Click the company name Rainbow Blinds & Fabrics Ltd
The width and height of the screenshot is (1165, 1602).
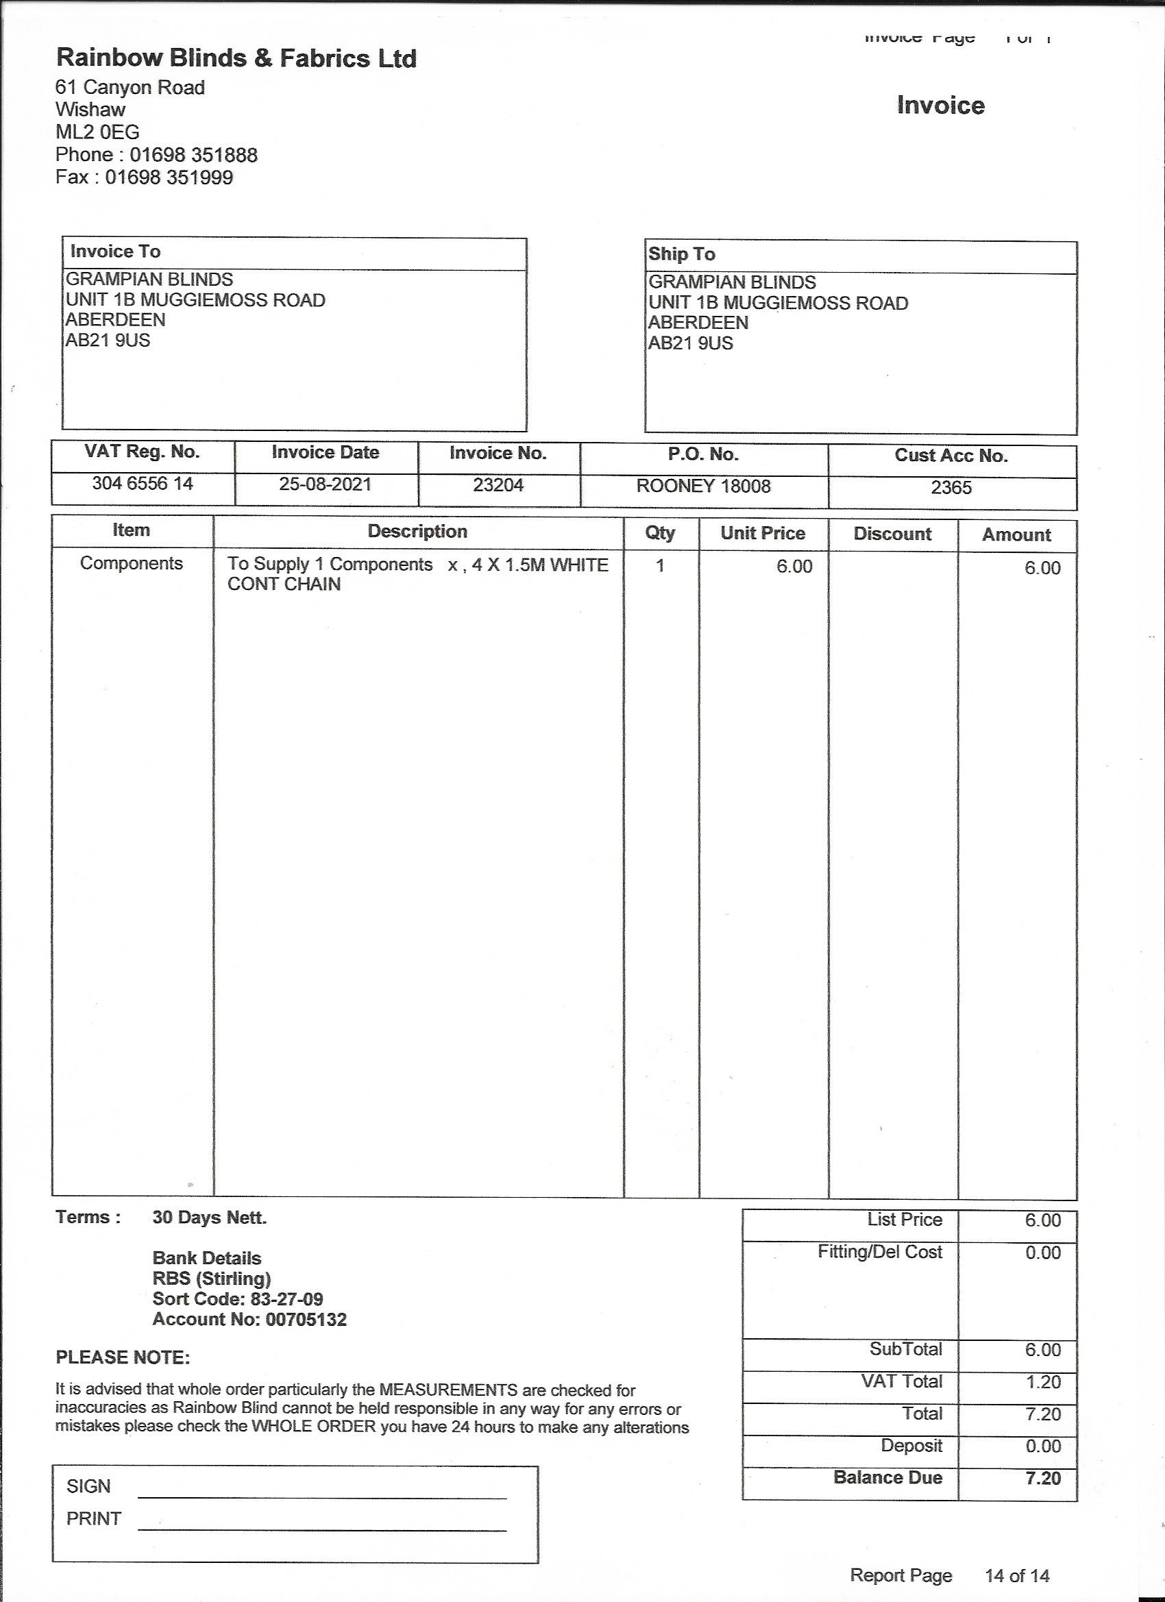click(236, 58)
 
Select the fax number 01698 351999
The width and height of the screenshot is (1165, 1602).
click(169, 177)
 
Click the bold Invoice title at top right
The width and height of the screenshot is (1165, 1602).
click(940, 106)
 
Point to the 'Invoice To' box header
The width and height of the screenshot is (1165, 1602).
click(115, 251)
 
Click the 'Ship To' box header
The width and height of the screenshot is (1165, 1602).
click(682, 254)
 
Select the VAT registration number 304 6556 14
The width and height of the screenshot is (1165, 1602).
click(143, 484)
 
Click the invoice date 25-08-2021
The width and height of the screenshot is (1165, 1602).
click(325, 484)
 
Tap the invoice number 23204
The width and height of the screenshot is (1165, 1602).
click(498, 485)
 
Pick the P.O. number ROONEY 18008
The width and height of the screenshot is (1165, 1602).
click(703, 486)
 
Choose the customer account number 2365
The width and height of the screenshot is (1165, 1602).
click(951, 488)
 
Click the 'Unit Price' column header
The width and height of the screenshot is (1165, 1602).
click(762, 533)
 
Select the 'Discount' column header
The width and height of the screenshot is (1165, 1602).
click(892, 534)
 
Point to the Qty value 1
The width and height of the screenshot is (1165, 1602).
click(660, 566)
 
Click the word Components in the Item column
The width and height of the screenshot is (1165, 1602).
click(132, 564)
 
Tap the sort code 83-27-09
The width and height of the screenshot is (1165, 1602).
click(286, 1299)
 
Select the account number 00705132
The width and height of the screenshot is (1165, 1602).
click(306, 1320)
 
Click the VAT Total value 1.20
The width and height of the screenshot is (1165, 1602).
click(1043, 1382)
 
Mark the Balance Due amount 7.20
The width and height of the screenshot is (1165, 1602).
click(1043, 1479)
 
